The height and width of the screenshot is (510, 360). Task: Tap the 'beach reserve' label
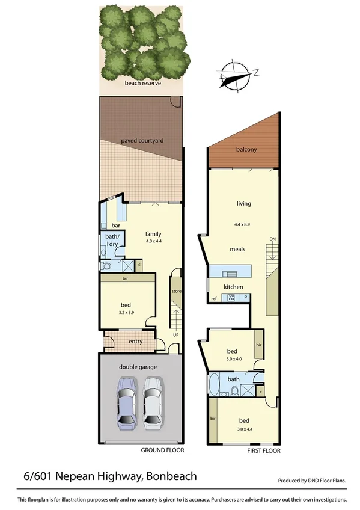tap(142, 83)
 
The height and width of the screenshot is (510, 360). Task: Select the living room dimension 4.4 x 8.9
tap(243, 224)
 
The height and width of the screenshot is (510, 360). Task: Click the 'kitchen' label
tap(233, 287)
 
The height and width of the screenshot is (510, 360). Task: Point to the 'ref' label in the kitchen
tap(213, 298)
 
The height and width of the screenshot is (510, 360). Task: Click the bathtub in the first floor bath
tap(214, 384)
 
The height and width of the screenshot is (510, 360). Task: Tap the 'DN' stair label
tap(272, 239)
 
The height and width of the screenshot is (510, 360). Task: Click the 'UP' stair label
tap(175, 334)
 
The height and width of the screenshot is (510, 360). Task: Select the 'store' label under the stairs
tap(176, 291)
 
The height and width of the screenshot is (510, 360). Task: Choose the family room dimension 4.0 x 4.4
tap(154, 241)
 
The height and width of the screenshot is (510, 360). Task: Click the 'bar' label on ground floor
tap(116, 225)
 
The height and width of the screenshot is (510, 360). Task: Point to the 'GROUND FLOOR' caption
tap(162, 450)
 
